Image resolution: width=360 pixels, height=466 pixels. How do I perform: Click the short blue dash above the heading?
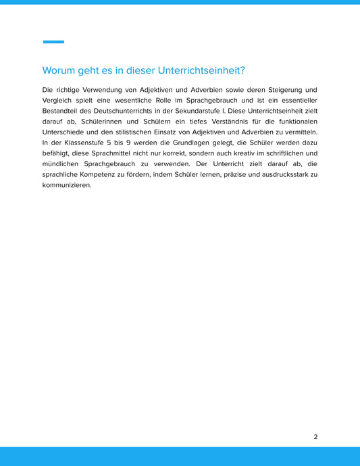pyautogui.click(x=53, y=42)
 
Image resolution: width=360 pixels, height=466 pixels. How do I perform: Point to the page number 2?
pyautogui.click(x=315, y=436)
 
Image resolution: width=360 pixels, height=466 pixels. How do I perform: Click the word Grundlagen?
pyautogui.click(x=201, y=143)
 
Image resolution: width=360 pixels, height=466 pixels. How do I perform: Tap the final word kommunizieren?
pyautogui.click(x=66, y=186)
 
